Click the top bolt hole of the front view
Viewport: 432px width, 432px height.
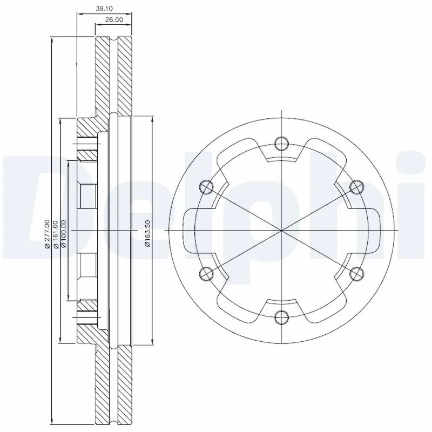click(x=281, y=144)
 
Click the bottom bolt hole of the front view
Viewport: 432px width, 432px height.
click(x=281, y=317)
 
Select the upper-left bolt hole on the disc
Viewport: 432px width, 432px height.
click(x=206, y=187)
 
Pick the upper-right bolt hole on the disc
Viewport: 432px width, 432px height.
click(x=356, y=187)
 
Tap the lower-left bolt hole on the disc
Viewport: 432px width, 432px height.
click(x=206, y=274)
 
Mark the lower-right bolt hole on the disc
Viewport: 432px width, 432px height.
click(x=356, y=274)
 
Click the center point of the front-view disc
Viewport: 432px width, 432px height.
click(x=281, y=231)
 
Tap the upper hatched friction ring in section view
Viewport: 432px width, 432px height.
click(x=113, y=76)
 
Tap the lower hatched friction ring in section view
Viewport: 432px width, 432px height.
click(x=113, y=386)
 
